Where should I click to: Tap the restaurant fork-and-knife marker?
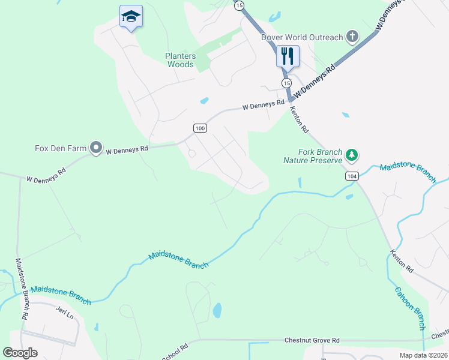[x=288, y=56]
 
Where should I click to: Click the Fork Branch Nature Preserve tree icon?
[x=352, y=156]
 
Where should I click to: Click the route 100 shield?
[x=200, y=128]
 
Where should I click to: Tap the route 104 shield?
[x=352, y=176]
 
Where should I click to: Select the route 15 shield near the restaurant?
[x=286, y=82]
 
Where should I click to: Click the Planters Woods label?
[x=181, y=60]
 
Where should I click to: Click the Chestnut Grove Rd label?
[x=312, y=340]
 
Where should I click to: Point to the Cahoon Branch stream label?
[x=410, y=308]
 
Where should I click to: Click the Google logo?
[x=20, y=352]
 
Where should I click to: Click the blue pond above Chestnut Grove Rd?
[x=217, y=310]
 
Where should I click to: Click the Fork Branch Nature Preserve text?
[x=313, y=156]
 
